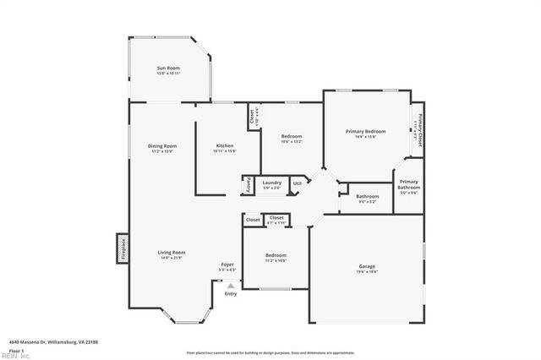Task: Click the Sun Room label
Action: click(x=168, y=68)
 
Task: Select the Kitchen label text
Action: click(x=225, y=145)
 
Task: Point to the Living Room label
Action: click(x=172, y=252)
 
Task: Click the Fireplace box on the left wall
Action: click(x=121, y=250)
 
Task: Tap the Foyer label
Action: click(x=228, y=265)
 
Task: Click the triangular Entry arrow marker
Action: click(x=230, y=286)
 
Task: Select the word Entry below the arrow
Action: click(x=230, y=293)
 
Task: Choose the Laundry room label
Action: click(x=271, y=183)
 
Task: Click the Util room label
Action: click(x=297, y=183)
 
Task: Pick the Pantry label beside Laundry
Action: click(x=249, y=184)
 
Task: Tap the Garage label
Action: click(x=367, y=266)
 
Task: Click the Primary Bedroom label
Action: click(x=366, y=131)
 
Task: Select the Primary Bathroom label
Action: click(x=408, y=184)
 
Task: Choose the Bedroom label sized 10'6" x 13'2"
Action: click(x=291, y=137)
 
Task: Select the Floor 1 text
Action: click(x=15, y=350)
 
